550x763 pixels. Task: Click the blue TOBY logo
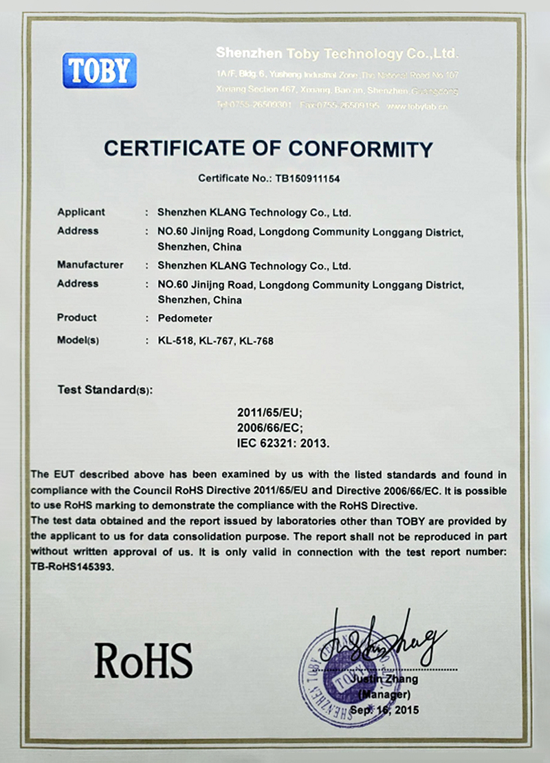[100, 71]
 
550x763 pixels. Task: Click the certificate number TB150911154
[309, 177]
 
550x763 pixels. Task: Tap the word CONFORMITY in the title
[360, 148]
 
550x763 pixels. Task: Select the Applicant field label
[81, 212]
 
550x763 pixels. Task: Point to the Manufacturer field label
[90, 265]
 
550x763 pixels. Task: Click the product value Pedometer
[185, 318]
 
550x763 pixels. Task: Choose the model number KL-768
[256, 340]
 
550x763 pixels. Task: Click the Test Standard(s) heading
[105, 390]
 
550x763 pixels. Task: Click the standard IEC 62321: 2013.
[283, 443]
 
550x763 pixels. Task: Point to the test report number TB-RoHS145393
[71, 568]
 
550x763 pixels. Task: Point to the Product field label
[77, 318]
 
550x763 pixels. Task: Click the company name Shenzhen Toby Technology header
[336, 54]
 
